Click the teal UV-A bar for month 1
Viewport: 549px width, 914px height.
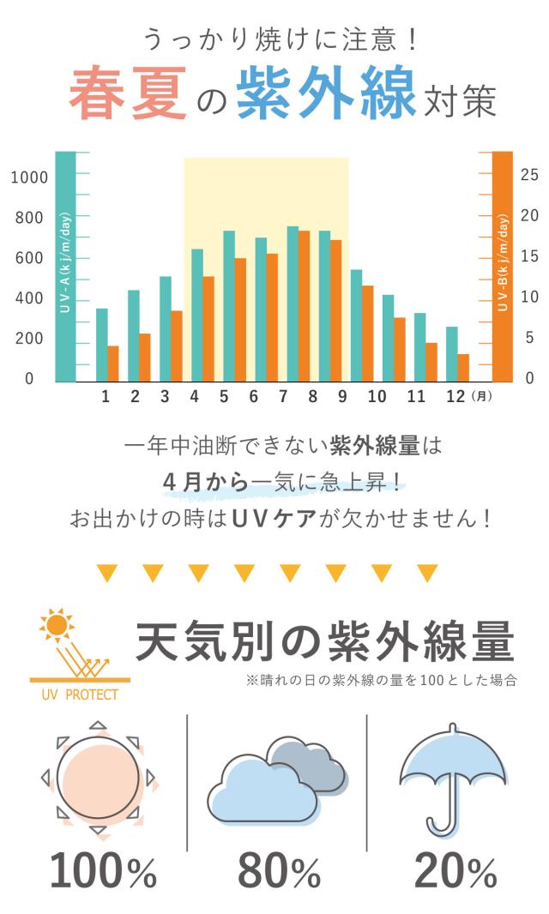coord(101,345)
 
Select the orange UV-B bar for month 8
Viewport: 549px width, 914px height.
coord(304,306)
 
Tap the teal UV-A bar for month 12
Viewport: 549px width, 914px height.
coord(451,354)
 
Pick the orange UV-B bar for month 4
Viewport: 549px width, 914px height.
coord(208,328)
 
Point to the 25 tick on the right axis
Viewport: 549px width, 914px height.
coord(529,175)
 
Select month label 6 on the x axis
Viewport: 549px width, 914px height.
coord(253,396)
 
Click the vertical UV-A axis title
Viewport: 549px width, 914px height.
coord(65,267)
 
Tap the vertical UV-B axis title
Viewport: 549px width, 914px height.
coord(503,267)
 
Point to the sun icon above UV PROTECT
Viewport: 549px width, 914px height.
coord(57,627)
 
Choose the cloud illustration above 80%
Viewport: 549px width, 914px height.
coord(276,780)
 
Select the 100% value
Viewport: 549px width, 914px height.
coord(103,871)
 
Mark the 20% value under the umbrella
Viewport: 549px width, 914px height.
coord(455,871)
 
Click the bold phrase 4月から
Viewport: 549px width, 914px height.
coord(205,483)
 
